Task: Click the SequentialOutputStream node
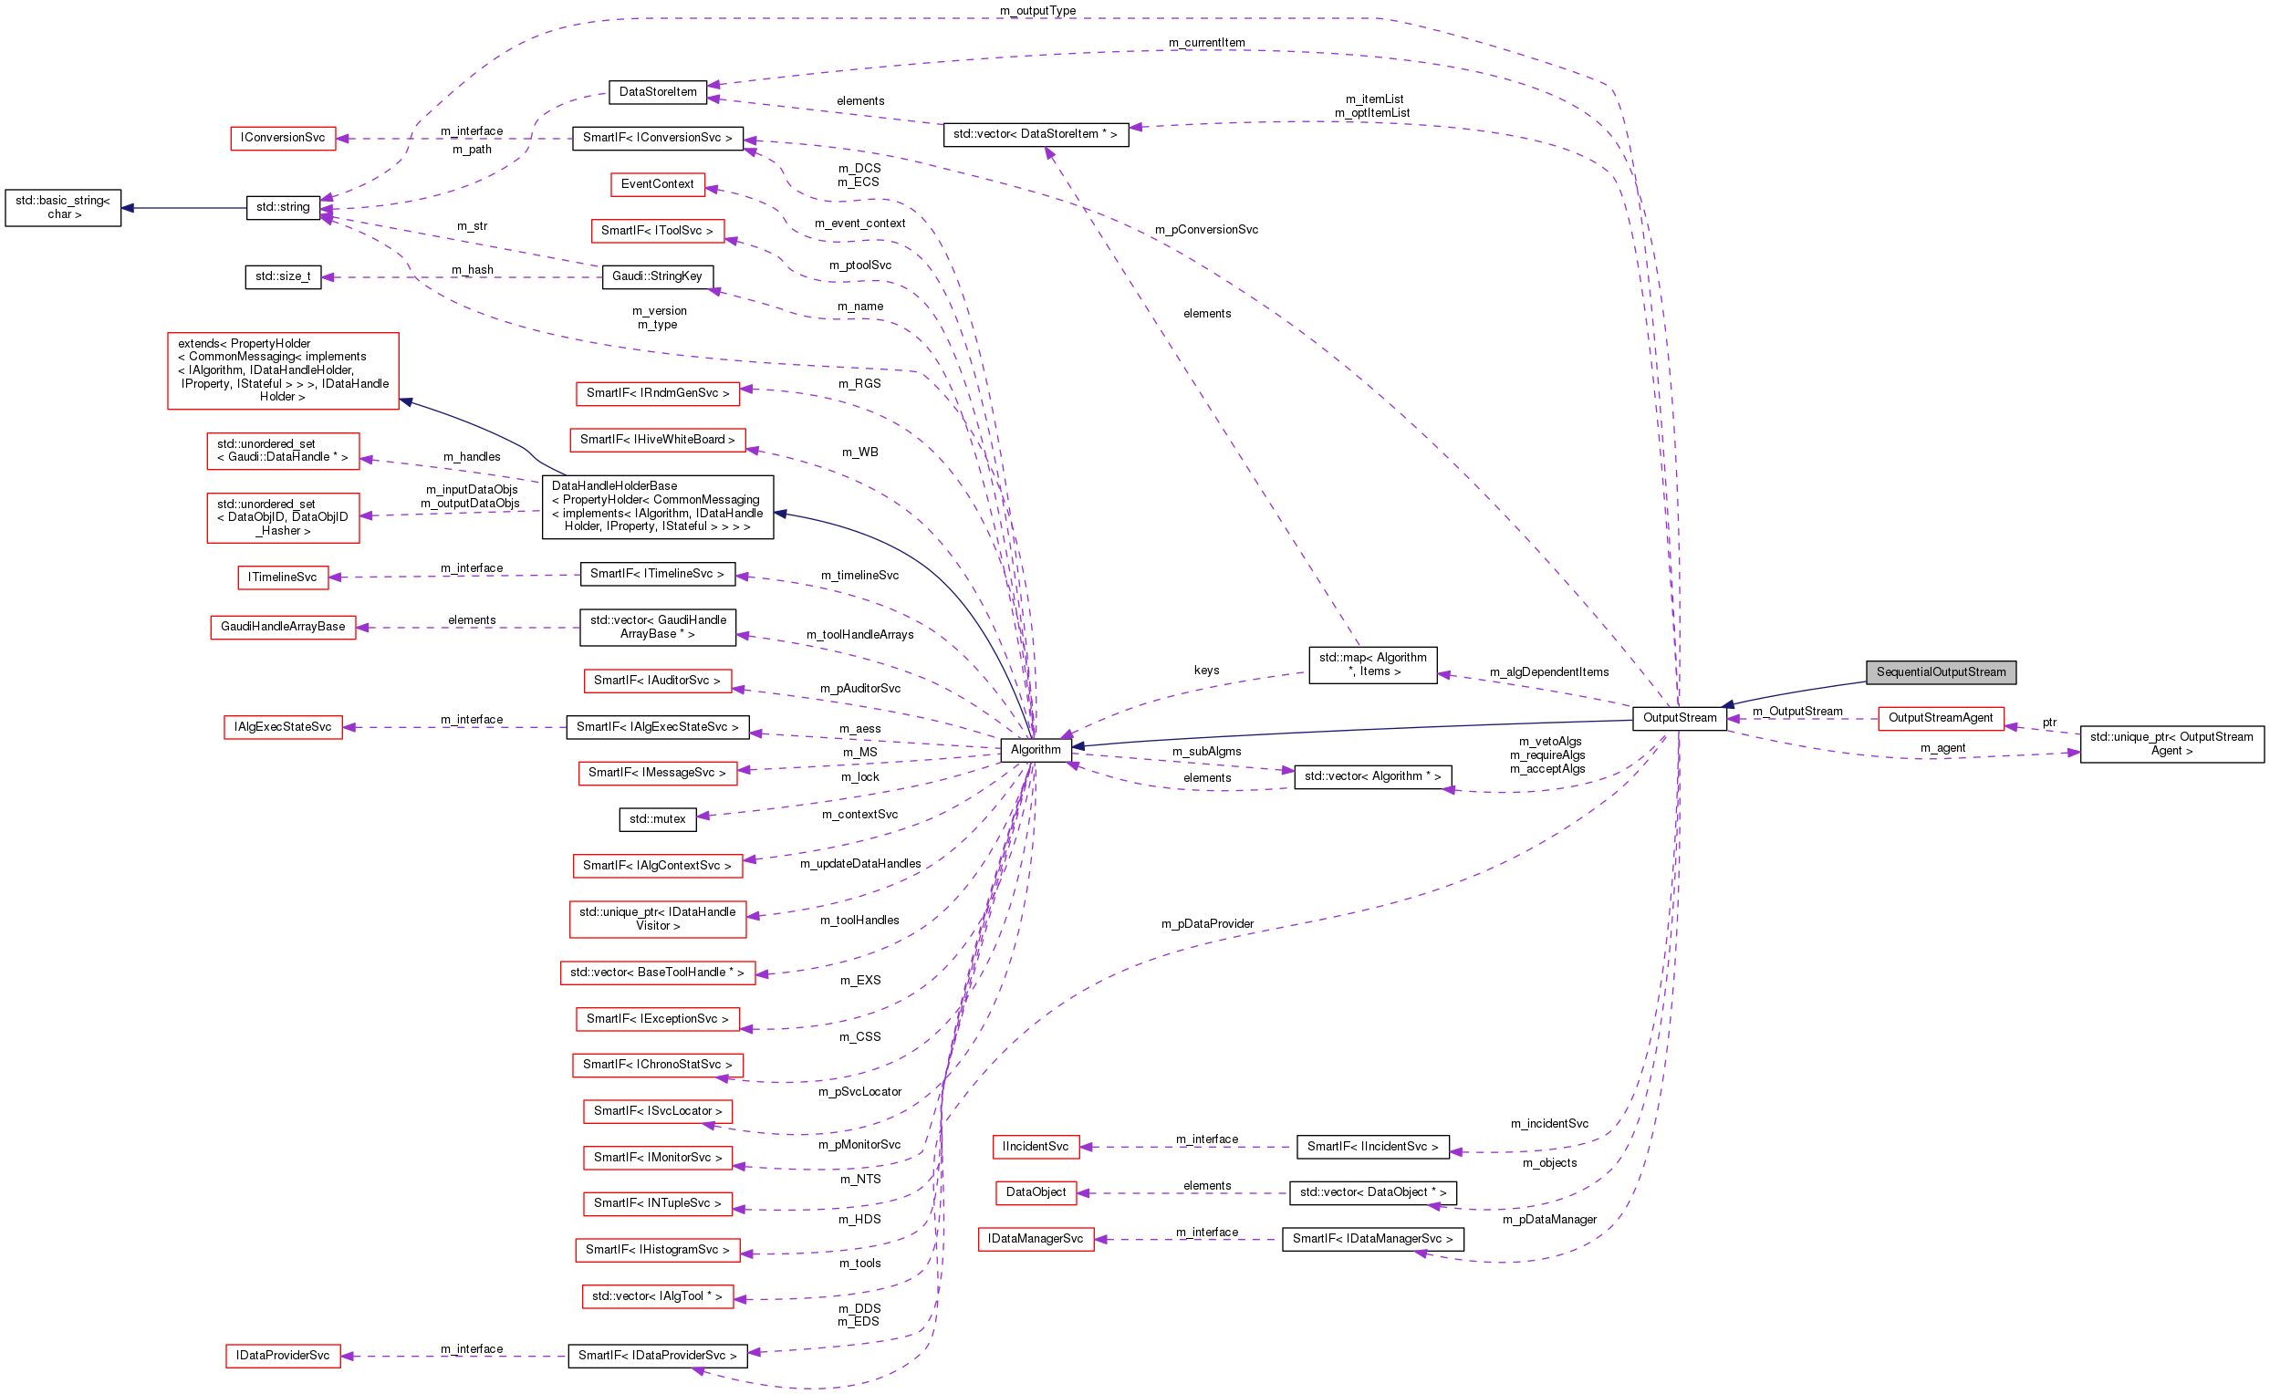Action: click(1940, 672)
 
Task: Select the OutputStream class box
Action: click(1678, 718)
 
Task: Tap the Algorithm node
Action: click(1035, 750)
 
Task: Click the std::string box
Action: click(283, 207)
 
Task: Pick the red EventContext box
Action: click(657, 184)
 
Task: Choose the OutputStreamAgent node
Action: click(1940, 718)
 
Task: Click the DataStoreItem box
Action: click(658, 92)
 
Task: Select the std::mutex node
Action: click(657, 818)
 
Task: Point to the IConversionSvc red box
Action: click(282, 139)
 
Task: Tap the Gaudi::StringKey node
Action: click(657, 276)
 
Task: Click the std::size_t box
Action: click(282, 276)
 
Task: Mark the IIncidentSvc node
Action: click(1035, 1147)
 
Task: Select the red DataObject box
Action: click(1035, 1193)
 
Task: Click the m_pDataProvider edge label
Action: click(1206, 924)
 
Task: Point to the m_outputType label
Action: click(1036, 11)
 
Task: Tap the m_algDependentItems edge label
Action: click(1548, 672)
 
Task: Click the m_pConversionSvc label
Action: click(1205, 230)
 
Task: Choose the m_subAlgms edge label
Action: click(1205, 752)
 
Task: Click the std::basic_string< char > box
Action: click(63, 207)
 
